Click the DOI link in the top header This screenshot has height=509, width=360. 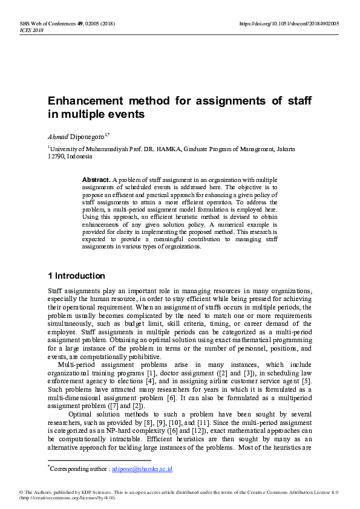(289, 24)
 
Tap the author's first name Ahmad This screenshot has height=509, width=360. (59, 137)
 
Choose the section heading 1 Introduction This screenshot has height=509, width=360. (76, 276)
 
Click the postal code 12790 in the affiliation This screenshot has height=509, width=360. (57, 156)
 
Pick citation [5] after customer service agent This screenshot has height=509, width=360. (307, 381)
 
